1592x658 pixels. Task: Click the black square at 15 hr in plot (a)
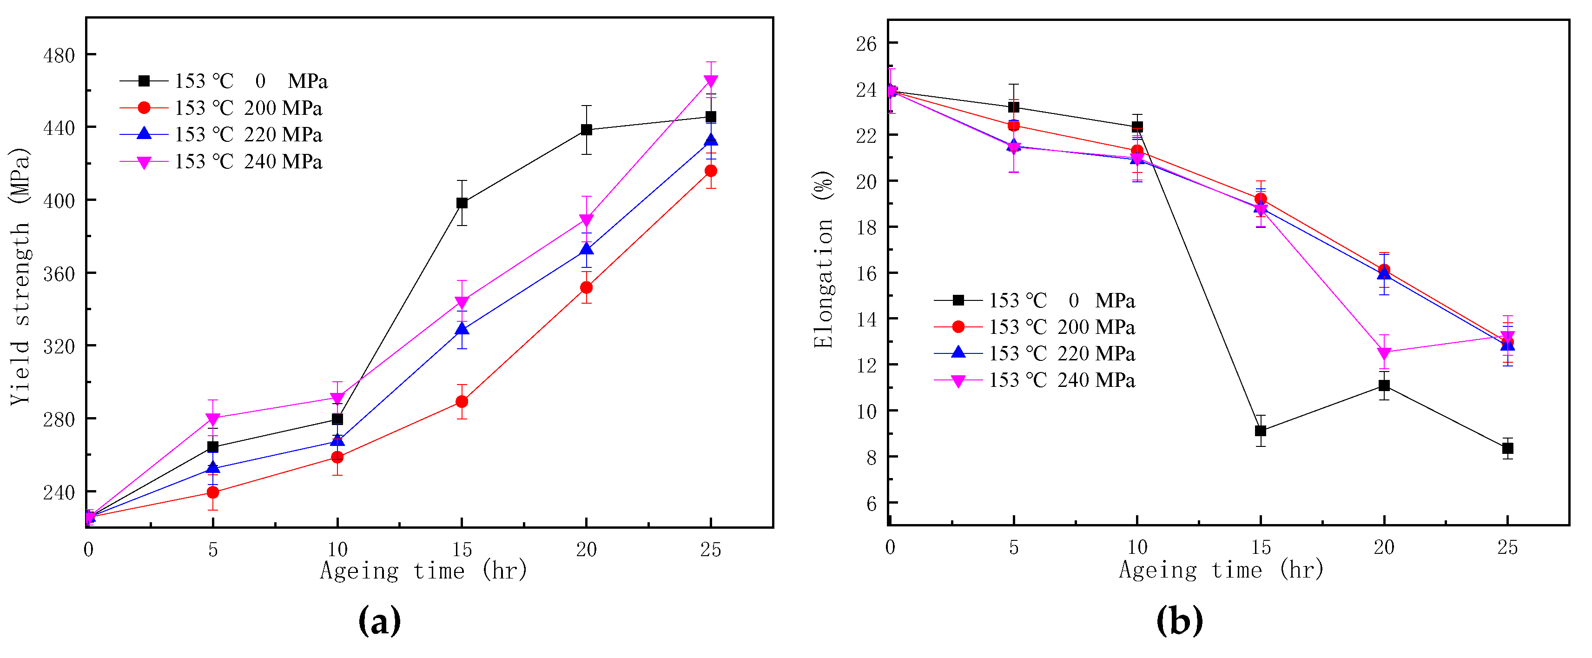(462, 203)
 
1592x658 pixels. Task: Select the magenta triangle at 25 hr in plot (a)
(711, 81)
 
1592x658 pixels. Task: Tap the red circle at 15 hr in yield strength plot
(462, 401)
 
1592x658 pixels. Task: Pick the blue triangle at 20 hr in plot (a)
(587, 249)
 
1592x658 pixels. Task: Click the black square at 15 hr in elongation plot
(1261, 431)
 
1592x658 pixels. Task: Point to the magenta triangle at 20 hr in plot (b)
(1384, 353)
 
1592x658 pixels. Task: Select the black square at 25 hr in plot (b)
(1507, 448)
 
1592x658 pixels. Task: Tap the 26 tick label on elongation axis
(866, 43)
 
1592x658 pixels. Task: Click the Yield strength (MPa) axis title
(20, 276)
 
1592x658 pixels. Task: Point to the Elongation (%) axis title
(823, 260)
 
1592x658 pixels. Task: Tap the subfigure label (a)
(379, 620)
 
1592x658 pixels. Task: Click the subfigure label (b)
(1179, 620)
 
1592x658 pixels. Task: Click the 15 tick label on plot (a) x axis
(462, 549)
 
